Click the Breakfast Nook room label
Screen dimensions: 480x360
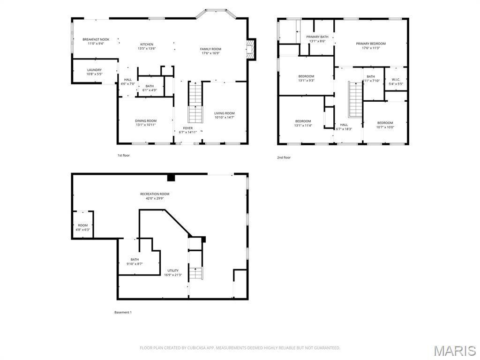[x=96, y=39]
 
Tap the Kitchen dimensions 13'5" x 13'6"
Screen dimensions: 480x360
[x=147, y=48]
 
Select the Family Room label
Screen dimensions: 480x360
[x=210, y=49]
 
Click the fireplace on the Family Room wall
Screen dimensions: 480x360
[x=251, y=49]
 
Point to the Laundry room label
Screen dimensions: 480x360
[x=94, y=70]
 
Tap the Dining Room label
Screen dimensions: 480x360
[x=146, y=121]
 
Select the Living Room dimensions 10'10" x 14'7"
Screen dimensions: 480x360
[x=225, y=117]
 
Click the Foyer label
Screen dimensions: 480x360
[x=188, y=128]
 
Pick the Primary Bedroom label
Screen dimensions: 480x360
[x=371, y=44]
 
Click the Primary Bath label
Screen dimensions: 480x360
[x=317, y=37]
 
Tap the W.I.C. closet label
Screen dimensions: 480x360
[x=396, y=80]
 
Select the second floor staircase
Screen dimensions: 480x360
[x=355, y=99]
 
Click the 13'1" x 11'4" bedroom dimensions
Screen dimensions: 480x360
[x=303, y=125]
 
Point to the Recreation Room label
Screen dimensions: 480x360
[x=155, y=194]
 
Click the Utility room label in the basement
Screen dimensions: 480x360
[x=173, y=270]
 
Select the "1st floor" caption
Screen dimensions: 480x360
[x=124, y=156]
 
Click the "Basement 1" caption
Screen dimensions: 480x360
[x=123, y=313]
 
